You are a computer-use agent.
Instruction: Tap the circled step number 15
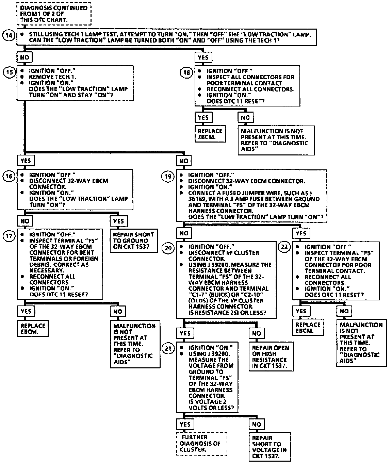9,72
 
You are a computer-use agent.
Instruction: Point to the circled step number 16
9,176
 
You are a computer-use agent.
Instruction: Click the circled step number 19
167,176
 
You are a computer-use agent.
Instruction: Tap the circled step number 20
168,248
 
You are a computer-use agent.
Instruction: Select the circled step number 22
284,247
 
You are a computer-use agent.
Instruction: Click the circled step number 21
168,348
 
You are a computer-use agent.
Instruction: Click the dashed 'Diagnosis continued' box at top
54,14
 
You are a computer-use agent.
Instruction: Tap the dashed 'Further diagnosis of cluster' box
201,443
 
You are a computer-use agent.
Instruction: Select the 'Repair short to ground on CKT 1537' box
134,241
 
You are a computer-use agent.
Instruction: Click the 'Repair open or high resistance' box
271,357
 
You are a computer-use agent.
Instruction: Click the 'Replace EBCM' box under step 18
210,134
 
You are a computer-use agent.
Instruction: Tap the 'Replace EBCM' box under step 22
308,328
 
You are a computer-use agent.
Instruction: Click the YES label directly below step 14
203,57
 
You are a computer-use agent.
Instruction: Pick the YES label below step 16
118,221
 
